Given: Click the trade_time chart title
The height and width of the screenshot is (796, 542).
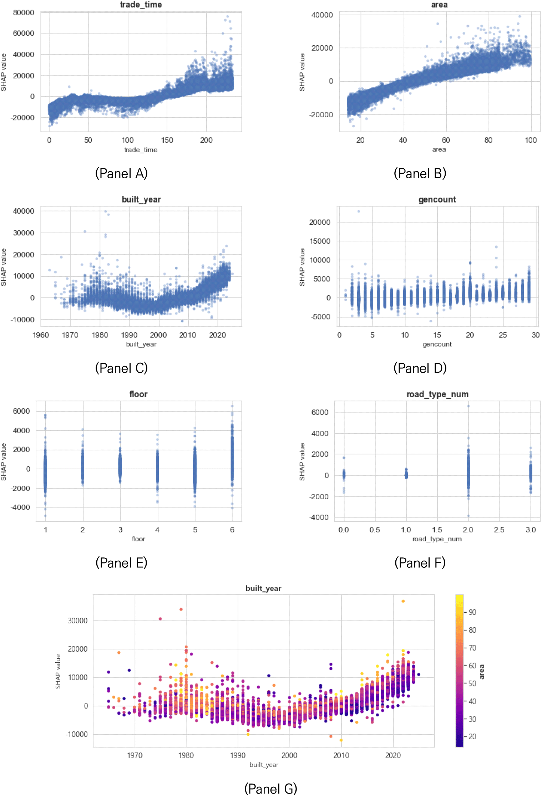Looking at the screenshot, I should coord(141,5).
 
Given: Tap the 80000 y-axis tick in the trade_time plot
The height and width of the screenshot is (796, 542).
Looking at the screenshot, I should coord(24,13).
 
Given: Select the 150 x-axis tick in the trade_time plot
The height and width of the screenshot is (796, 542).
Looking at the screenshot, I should coord(167,140).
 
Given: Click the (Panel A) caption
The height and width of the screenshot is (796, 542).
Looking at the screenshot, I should coord(121,173).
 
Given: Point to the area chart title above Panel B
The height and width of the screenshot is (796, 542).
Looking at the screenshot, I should coord(439,5).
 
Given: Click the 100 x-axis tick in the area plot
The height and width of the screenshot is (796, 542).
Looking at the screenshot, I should coord(531,140).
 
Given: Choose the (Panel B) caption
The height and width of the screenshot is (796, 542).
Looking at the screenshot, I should coord(420,173).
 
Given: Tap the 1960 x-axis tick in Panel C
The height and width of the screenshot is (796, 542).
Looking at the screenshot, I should coord(41,335).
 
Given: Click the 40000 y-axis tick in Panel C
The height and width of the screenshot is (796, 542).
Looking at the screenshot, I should coord(24,211).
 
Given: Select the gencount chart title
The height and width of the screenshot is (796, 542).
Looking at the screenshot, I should coord(437,199).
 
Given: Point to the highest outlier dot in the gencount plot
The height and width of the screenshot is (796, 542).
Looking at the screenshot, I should coord(359,211).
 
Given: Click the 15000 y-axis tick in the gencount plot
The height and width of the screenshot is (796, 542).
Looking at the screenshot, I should coord(320,241).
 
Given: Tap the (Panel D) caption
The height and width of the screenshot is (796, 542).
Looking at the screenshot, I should coord(420,368).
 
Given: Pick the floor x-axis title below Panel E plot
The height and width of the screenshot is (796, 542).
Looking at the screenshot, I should coord(138,539).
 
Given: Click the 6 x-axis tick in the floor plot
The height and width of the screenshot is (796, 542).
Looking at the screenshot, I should coord(232,530).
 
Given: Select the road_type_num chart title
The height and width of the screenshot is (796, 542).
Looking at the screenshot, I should coord(437,394).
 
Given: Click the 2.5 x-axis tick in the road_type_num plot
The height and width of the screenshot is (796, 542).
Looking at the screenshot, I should coord(499,530).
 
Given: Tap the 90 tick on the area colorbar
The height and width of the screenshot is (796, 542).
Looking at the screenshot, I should coord(472,612).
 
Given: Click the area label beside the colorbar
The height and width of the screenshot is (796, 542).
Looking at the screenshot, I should coord(482,672).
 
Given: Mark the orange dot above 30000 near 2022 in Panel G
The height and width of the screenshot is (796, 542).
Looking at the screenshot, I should coord(403,601).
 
